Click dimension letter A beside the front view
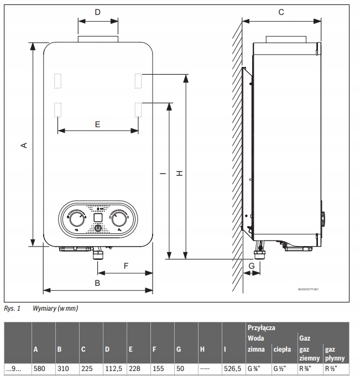pyautogui.click(x=24, y=145)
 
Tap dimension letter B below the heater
pyautogui.click(x=97, y=283)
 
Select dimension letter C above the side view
pyautogui.click(x=281, y=12)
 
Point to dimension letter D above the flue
pyautogui.click(x=97, y=12)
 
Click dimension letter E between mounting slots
pyautogui.click(x=97, y=124)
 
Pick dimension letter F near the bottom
pyautogui.click(x=126, y=265)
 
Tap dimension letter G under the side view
pyautogui.click(x=252, y=265)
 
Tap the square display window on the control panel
pyautogui.click(x=97, y=217)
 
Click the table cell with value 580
pyautogui.click(x=40, y=367)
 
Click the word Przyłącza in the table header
pyautogui.click(x=262, y=328)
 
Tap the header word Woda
pyautogui.click(x=255, y=338)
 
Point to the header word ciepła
pyautogui.click(x=282, y=349)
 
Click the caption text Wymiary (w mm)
pyautogui.click(x=55, y=309)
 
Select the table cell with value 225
pyautogui.click(x=87, y=367)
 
